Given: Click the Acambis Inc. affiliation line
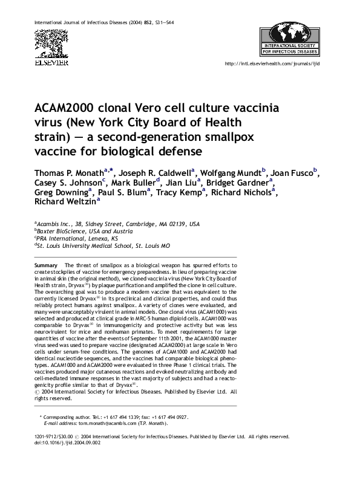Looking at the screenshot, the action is tap(116, 224).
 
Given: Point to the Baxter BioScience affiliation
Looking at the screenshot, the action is tap(83, 231).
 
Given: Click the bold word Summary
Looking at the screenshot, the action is tap(46, 266).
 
